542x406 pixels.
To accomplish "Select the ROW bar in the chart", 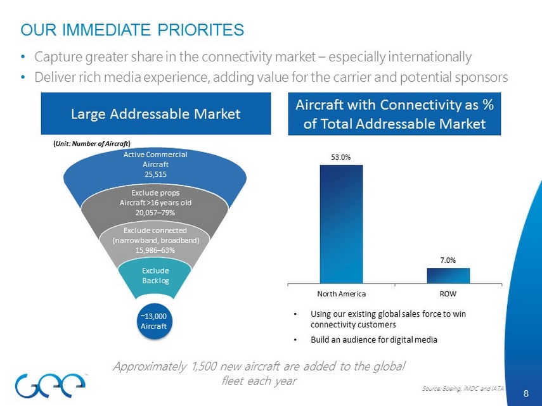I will (448, 276).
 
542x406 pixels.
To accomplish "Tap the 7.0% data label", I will (448, 260).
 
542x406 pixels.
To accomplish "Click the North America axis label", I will (341, 294).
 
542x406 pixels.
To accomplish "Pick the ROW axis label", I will (448, 294).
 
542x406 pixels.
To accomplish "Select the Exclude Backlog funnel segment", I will (151, 276).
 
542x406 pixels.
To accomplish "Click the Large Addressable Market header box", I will (155, 114).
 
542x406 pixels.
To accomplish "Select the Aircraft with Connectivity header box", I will (394, 114).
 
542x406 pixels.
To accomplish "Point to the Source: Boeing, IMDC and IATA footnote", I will (462, 386).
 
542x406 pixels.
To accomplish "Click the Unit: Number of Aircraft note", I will (92, 144).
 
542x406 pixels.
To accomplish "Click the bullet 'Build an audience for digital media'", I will (374, 339).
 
